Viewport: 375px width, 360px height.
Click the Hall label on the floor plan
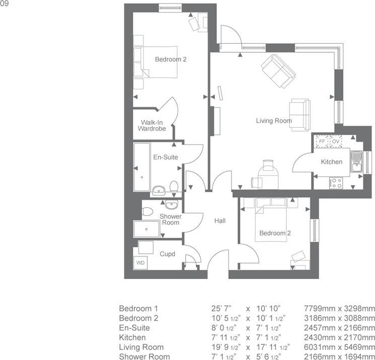coord(220,221)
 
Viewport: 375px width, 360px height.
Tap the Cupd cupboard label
coord(167,254)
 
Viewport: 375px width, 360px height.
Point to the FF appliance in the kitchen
coord(322,142)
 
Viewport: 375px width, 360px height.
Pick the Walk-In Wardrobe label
coord(153,125)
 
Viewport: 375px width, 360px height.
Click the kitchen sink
coord(357,160)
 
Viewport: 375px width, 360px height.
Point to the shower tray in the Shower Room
coord(146,229)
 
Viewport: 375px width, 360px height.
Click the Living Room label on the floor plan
coord(274,121)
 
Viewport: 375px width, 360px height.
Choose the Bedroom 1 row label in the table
coord(138,308)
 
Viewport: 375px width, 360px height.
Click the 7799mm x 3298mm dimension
coord(340,308)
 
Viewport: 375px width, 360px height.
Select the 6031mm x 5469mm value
coord(340,347)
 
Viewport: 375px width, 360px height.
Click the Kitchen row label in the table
coord(132,337)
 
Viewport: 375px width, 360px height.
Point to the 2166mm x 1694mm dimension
coord(340,357)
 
